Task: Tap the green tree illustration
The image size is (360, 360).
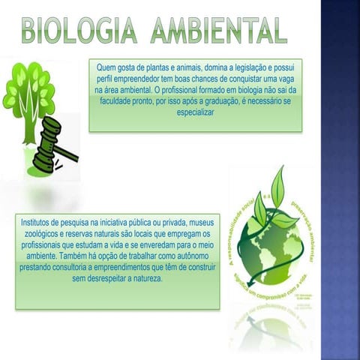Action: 31,94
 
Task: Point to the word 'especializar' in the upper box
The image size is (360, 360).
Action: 195,112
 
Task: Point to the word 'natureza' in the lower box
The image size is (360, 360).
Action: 144,277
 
